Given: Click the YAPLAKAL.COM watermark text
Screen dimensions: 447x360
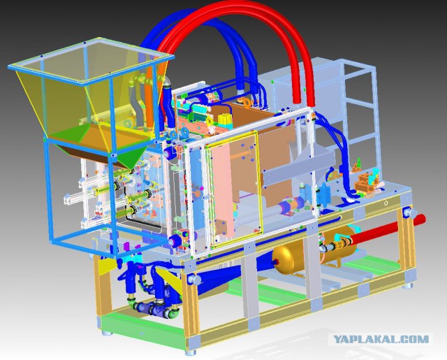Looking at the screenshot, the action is click(x=381, y=340).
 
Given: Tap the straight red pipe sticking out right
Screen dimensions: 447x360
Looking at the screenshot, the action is click(x=388, y=230).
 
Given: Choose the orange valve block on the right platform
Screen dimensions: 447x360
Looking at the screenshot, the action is click(x=366, y=183).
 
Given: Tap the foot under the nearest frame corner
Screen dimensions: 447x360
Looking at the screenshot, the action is click(x=191, y=352).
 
